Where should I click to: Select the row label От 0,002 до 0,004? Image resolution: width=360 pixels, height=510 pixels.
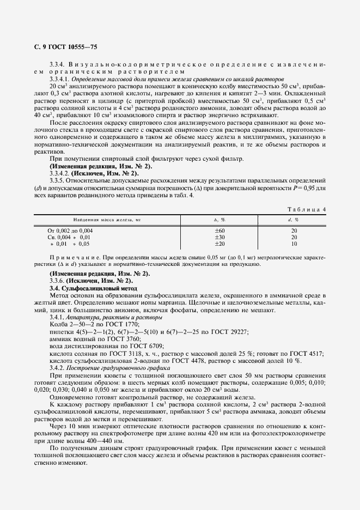click(70, 230)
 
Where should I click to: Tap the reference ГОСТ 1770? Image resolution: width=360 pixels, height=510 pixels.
click(117, 324)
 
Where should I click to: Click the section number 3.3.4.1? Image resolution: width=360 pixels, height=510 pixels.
click(60, 79)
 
